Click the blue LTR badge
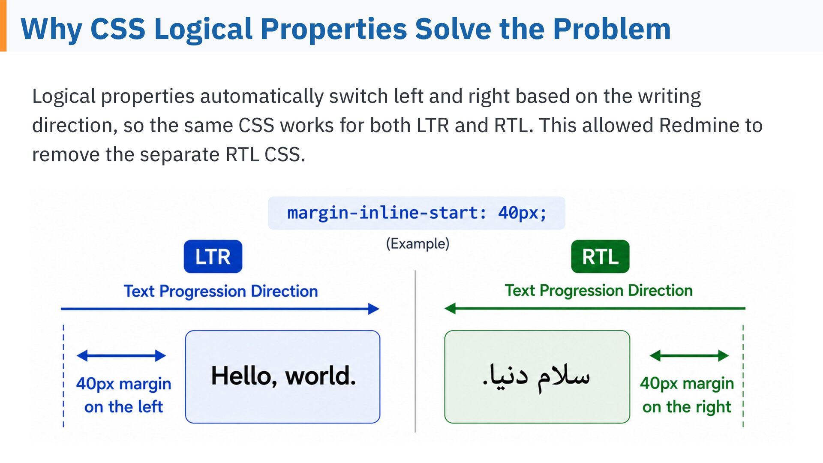tap(213, 256)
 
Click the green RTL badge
tap(600, 256)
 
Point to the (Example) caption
tap(418, 244)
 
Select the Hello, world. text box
tap(282, 377)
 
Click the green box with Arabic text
tap(537, 377)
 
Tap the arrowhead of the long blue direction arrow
tap(374, 309)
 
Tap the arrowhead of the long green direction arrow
tap(450, 308)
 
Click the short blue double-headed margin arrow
tap(121, 355)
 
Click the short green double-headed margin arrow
tap(689, 355)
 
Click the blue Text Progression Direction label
tap(221, 291)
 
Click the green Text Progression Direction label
tap(598, 291)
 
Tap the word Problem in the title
tap(612, 29)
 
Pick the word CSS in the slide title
tap(118, 29)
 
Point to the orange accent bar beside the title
tap(3, 26)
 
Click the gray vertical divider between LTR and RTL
tap(415, 351)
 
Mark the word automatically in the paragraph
tap(262, 97)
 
